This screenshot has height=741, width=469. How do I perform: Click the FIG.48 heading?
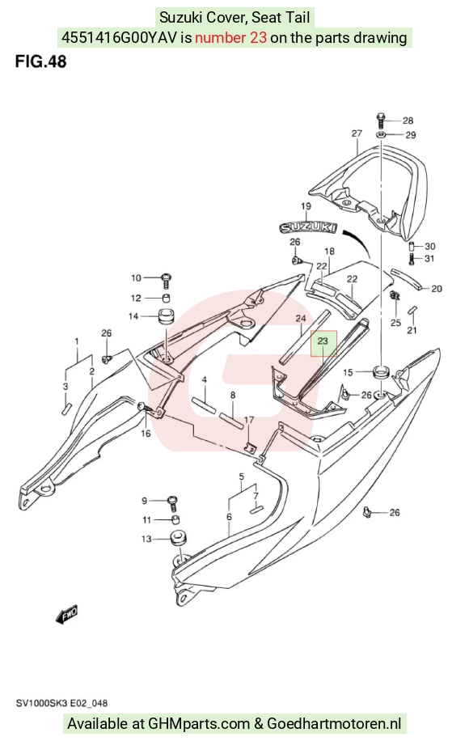point(40,61)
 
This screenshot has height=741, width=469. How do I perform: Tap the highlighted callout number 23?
point(323,341)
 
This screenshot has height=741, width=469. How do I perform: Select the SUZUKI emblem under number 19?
point(308,227)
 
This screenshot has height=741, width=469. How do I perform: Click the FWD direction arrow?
point(66,614)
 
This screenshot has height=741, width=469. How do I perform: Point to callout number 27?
point(357,133)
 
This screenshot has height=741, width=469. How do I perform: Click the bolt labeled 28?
point(382,120)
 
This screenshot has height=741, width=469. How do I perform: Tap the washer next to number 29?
point(382,135)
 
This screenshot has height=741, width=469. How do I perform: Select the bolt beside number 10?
point(166,280)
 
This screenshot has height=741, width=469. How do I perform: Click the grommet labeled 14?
point(166,316)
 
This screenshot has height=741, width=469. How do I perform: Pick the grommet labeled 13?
point(179,539)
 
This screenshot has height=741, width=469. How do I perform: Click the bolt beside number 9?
point(172,503)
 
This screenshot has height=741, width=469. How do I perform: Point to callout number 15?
point(348,372)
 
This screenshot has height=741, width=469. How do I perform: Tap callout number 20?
point(437,288)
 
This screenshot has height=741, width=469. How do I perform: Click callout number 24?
point(301,319)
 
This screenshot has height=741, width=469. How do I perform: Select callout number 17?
point(249,420)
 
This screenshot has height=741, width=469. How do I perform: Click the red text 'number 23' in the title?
point(231,37)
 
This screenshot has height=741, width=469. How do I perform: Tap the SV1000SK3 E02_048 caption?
point(61,703)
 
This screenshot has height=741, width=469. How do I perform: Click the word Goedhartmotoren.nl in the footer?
point(334,723)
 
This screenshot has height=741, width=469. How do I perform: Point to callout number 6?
point(229,517)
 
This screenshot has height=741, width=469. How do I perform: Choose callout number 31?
point(429,259)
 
